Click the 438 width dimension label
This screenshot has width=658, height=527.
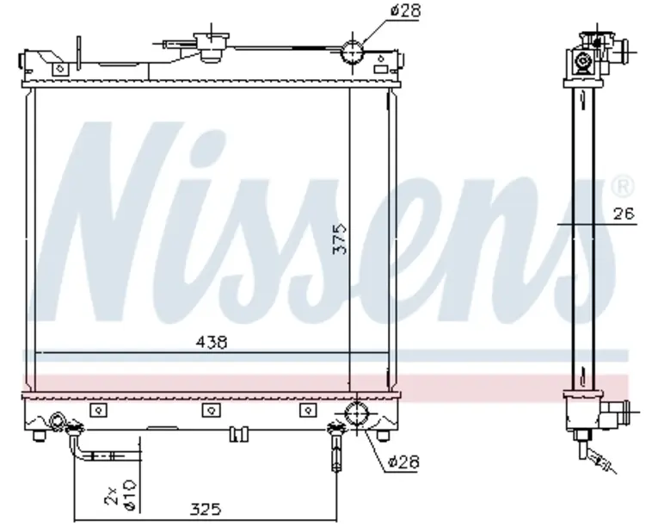(212, 342)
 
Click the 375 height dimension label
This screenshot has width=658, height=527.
(340, 239)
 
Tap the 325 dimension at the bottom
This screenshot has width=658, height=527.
(206, 509)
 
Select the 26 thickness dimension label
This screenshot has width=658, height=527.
(624, 214)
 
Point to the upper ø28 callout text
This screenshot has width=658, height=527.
(405, 10)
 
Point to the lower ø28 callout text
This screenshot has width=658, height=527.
(403, 462)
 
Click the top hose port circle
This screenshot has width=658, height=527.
(352, 53)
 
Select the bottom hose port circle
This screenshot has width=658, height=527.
(356, 413)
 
